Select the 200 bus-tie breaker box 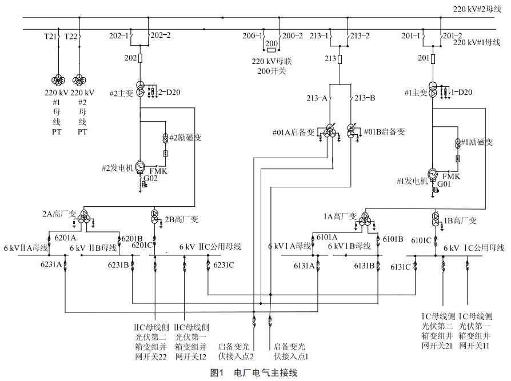272,43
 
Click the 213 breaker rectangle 340,58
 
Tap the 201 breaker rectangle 433,58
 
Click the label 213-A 317,98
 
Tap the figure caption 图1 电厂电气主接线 254,373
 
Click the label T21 51,36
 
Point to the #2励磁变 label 186,138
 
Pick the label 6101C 422,240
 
